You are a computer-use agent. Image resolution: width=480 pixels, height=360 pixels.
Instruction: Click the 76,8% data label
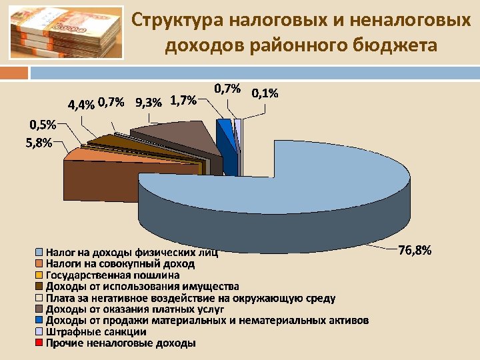click(x=415, y=251)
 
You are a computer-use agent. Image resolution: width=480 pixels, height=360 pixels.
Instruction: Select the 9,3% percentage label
click(x=148, y=103)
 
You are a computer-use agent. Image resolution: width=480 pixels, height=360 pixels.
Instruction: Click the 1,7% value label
click(x=183, y=101)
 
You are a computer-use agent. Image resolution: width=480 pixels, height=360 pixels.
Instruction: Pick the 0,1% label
click(x=265, y=93)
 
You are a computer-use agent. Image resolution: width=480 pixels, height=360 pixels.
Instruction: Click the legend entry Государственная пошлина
click(x=113, y=275)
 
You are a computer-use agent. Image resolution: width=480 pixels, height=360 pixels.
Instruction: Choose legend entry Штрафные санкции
click(x=96, y=331)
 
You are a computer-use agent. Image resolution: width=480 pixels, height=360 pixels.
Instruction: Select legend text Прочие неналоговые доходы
click(x=120, y=343)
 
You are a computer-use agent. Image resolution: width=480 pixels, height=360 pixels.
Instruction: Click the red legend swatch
click(x=39, y=343)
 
